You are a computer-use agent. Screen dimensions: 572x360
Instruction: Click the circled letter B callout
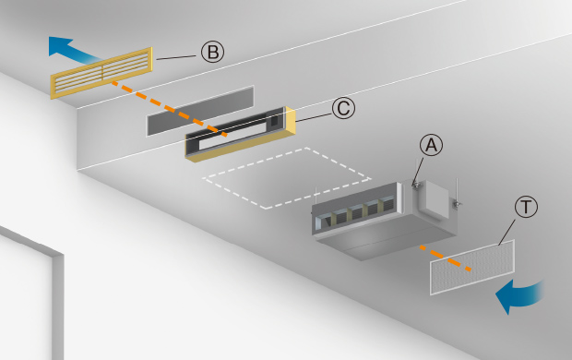(x=213, y=52)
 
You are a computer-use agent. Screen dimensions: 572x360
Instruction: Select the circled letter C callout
(x=343, y=108)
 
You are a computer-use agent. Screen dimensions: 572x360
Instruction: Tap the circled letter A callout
(x=431, y=145)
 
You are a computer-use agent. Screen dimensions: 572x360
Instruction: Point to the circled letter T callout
(x=526, y=207)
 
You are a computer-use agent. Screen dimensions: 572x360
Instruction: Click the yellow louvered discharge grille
(x=101, y=73)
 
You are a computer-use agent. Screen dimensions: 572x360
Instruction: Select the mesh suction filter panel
(x=472, y=268)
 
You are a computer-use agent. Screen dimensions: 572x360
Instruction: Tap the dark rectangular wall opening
(x=200, y=111)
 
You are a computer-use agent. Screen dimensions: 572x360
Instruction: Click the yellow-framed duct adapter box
(x=240, y=134)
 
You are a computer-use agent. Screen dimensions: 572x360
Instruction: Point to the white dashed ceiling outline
(x=287, y=178)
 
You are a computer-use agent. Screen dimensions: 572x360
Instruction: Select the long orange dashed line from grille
(x=169, y=108)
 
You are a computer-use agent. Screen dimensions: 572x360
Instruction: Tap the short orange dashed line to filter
(x=446, y=258)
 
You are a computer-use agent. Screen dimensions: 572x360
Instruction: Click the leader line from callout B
(x=176, y=57)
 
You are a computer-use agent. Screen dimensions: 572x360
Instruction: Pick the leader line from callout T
(x=507, y=232)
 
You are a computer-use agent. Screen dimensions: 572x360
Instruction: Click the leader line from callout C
(x=314, y=117)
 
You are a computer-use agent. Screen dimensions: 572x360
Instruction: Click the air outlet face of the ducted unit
(x=356, y=211)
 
